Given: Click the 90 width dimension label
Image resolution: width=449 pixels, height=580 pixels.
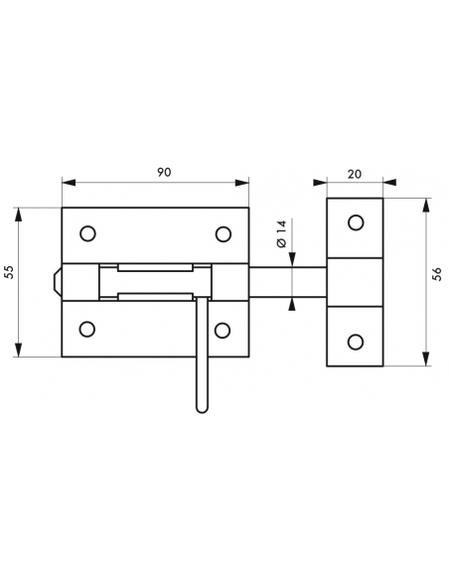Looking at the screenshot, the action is click(164, 173).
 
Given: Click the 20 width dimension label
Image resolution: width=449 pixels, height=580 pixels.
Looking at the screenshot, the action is click(355, 174).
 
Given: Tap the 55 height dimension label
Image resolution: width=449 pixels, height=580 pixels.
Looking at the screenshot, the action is click(9, 272).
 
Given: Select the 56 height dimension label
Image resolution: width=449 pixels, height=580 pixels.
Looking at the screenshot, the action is click(437, 274).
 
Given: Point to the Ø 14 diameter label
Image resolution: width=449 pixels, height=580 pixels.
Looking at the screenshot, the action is click(281, 234).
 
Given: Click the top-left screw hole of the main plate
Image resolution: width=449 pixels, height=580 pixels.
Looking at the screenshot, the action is click(87, 233).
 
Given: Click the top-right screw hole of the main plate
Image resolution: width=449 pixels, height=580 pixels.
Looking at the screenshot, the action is click(224, 234).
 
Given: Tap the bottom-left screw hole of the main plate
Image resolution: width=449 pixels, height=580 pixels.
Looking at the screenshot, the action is click(87, 329).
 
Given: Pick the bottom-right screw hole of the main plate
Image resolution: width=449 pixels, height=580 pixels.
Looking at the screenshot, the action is click(223, 331).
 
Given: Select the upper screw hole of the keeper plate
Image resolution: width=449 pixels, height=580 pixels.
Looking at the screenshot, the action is click(356, 222).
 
